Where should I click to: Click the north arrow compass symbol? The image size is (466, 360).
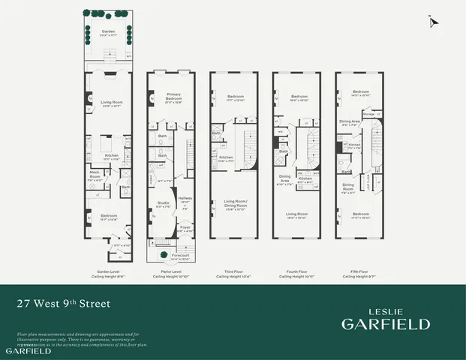pos(433,22)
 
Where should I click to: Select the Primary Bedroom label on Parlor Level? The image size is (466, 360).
pos(173,95)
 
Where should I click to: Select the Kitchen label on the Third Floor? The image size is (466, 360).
pos(224,157)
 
